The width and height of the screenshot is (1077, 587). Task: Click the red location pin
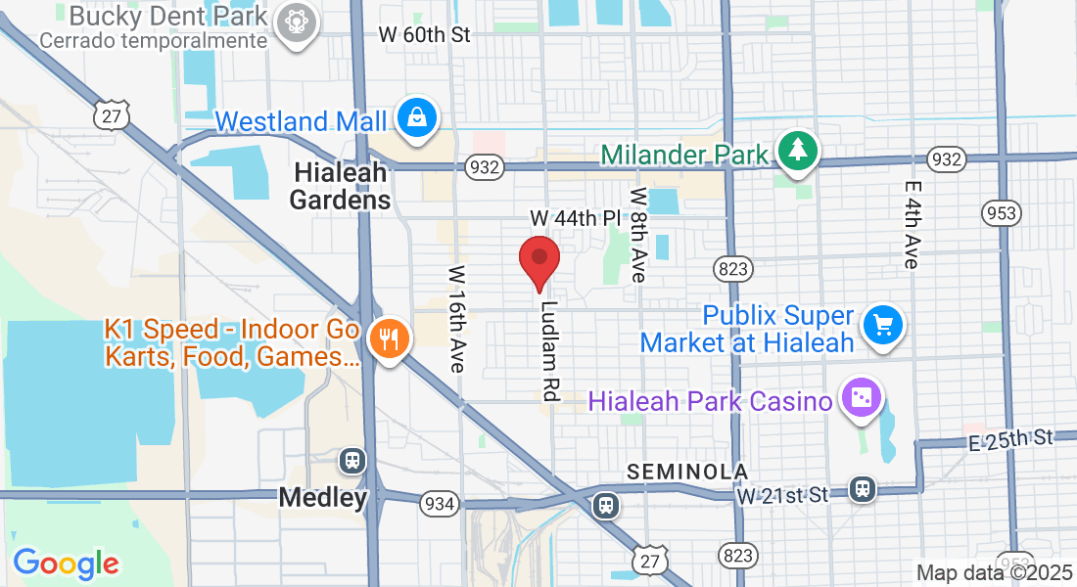coord(538,261)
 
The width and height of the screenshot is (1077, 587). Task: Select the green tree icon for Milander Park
coord(799,150)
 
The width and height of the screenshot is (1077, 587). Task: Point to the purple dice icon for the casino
coord(862,401)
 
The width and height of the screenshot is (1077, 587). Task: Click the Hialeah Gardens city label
coord(340,186)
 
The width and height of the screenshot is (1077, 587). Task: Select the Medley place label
coord(323,497)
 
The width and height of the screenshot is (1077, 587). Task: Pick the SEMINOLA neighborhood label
coord(687,472)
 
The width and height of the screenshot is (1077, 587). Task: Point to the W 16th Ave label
coord(457,319)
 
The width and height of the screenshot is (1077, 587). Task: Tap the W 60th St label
coord(425,35)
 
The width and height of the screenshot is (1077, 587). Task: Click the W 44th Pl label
coord(576,216)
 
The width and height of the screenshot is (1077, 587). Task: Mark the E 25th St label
coord(1011,438)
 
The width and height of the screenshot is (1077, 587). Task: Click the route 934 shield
coord(438,504)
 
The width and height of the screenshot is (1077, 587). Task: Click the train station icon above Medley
coord(351,460)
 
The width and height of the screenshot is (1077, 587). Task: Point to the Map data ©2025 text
coord(994,572)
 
